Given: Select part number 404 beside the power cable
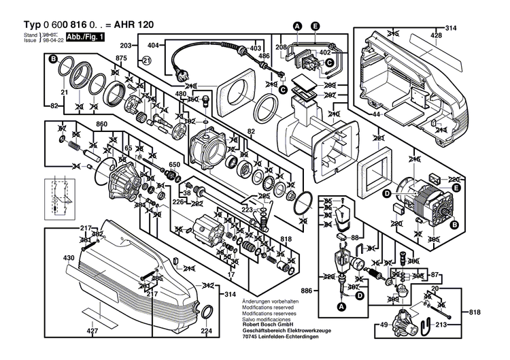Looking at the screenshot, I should click(153, 46).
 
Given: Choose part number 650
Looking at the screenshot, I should click(174, 165).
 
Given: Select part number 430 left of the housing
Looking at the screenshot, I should click(69, 258).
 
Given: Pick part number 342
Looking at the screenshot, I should click(208, 285).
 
